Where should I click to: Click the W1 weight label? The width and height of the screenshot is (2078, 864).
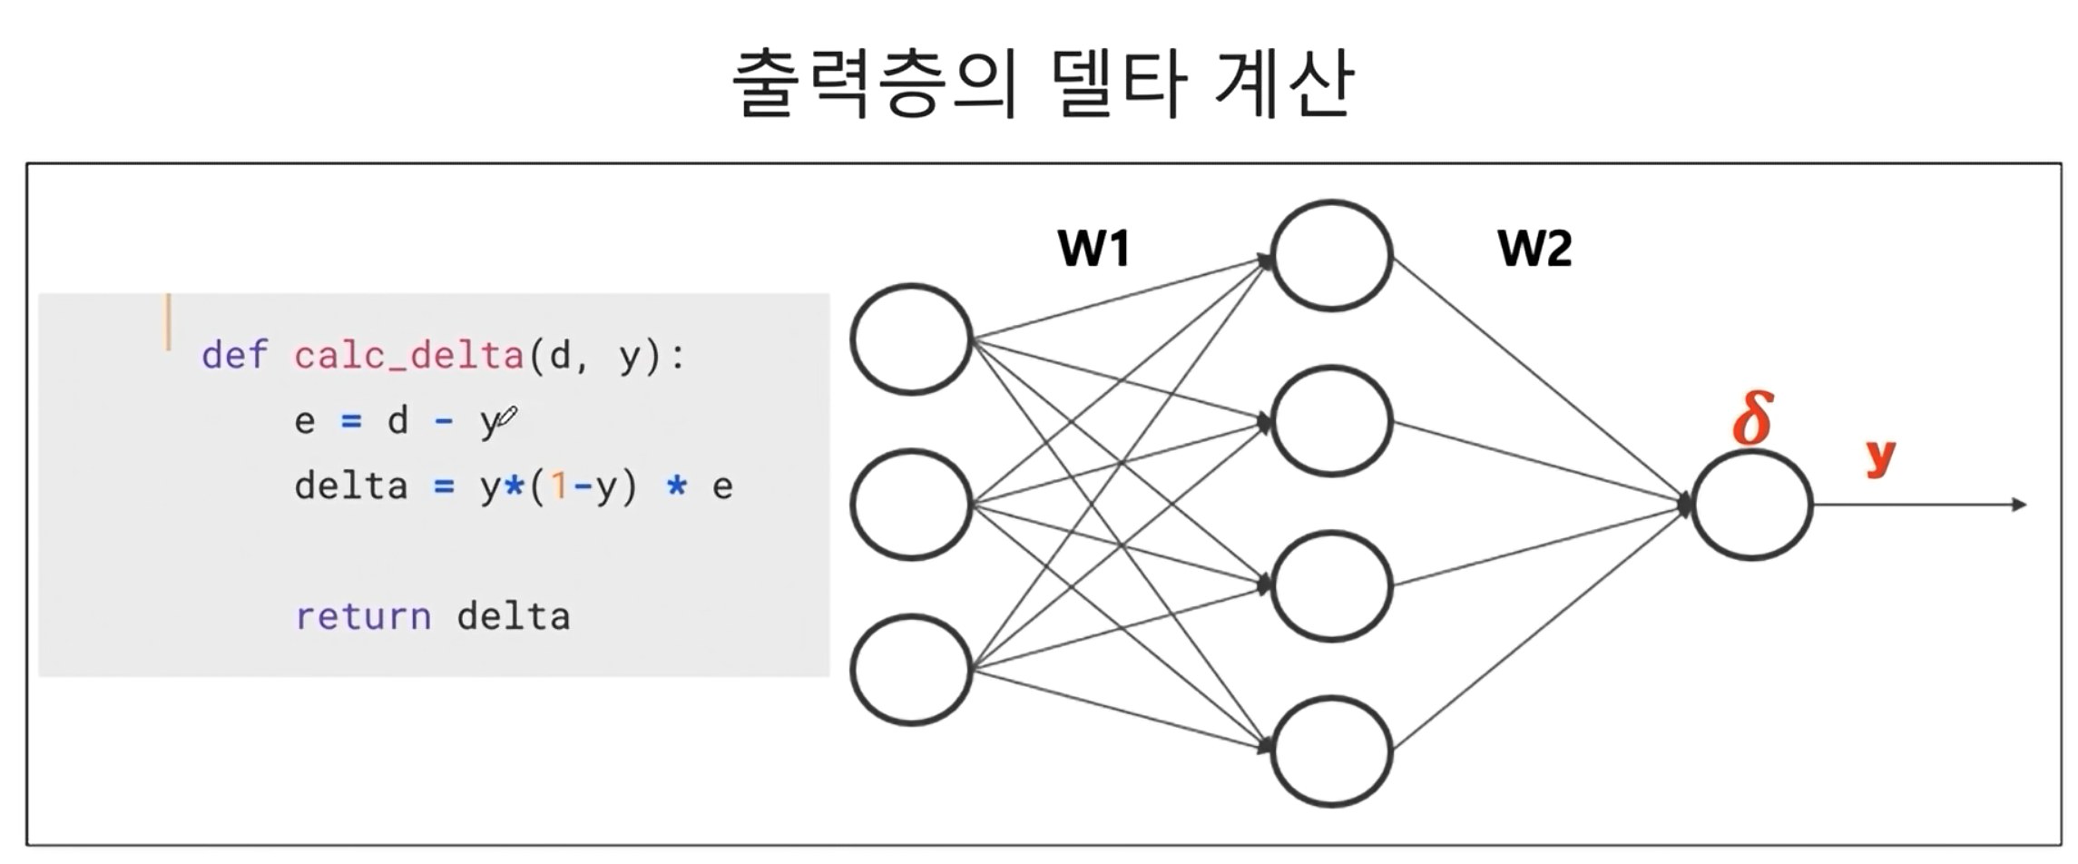pyautogui.click(x=1093, y=248)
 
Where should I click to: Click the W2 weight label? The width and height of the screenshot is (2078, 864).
pyautogui.click(x=1534, y=248)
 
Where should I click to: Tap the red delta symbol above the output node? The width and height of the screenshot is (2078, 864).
pyautogui.click(x=1752, y=418)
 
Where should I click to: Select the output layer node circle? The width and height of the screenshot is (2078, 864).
pyautogui.click(x=1751, y=506)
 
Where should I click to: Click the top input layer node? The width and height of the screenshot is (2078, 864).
pyautogui.click(x=911, y=339)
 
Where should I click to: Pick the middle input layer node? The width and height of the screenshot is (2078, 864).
pyautogui.click(x=911, y=505)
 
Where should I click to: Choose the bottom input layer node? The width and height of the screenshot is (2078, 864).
pyautogui.click(x=911, y=670)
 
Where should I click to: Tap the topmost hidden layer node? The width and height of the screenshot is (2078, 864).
pyautogui.click(x=1331, y=255)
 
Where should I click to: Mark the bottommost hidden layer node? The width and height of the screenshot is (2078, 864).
pyautogui.click(x=1331, y=751)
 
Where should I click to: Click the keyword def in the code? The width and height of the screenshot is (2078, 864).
pyautogui.click(x=234, y=355)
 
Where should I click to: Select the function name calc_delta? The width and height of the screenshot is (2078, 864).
pyautogui.click(x=408, y=355)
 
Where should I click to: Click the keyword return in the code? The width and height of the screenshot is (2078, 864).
pyautogui.click(x=363, y=617)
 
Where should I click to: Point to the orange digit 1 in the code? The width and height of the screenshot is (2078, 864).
pyautogui.click(x=559, y=487)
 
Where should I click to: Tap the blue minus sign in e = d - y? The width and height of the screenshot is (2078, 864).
pyautogui.click(x=444, y=421)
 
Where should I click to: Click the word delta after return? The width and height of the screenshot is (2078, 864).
pyautogui.click(x=514, y=617)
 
